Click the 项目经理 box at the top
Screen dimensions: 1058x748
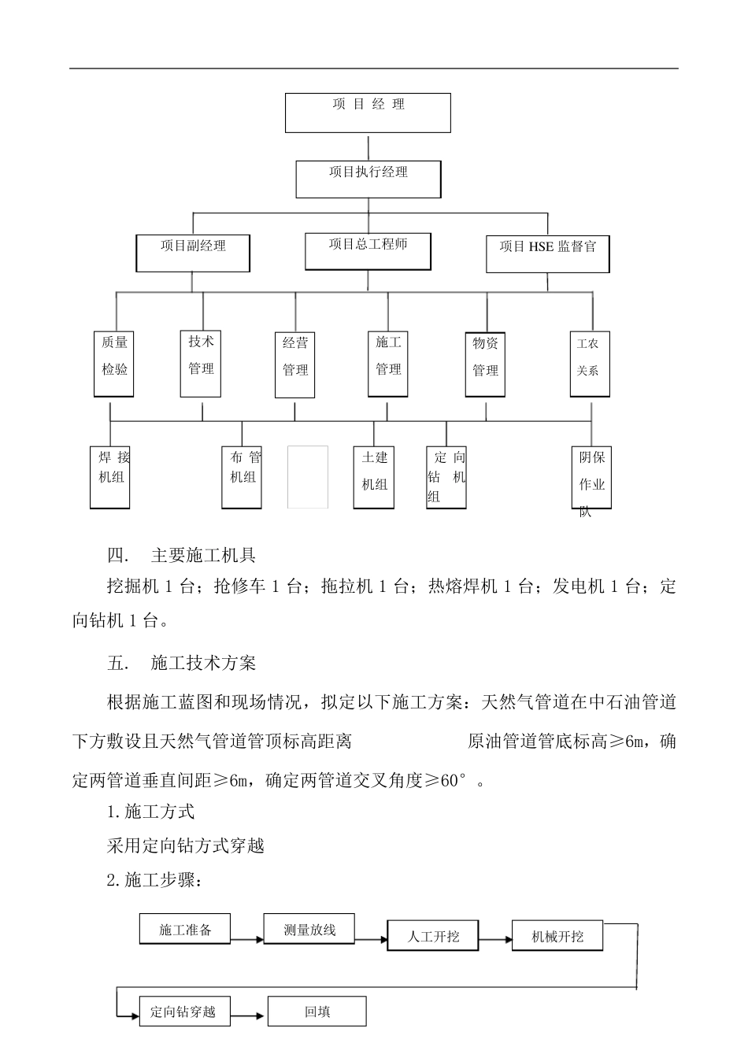coord(367,113)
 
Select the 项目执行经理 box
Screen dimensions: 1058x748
coord(368,179)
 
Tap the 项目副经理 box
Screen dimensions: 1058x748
coord(193,253)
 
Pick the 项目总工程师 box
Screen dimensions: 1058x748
coord(368,251)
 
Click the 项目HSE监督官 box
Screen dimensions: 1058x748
coord(548,253)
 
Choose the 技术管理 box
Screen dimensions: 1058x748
coord(201,361)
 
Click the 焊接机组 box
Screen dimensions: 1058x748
coord(110,476)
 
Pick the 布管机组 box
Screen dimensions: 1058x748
coord(243,476)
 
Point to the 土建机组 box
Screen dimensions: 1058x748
coord(374,476)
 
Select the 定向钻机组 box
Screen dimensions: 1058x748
coord(446,476)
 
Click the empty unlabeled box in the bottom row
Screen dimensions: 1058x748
coord(308,476)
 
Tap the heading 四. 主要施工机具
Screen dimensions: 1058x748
coord(181,556)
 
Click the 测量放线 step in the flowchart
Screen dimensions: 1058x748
coord(309,930)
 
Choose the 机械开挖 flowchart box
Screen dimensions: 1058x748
coord(557,936)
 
